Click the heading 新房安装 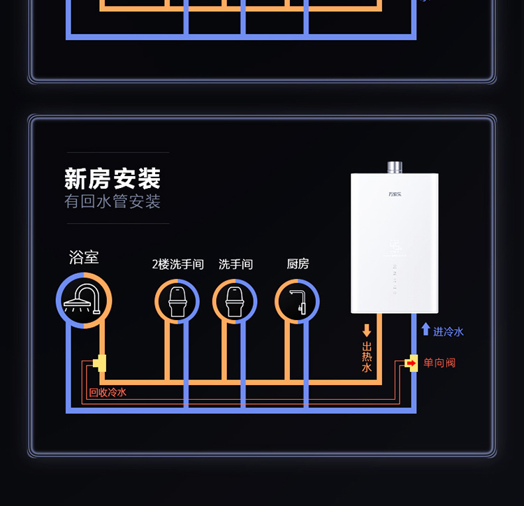[x=112, y=178]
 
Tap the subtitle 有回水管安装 [x=112, y=202]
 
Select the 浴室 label [x=84, y=256]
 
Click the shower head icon [x=84, y=299]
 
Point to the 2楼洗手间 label [x=177, y=264]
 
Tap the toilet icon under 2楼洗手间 [x=177, y=301]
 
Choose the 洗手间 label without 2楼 [x=235, y=264]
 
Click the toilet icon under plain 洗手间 [x=235, y=301]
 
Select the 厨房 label [x=298, y=264]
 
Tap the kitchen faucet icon [x=298, y=301]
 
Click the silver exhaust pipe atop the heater [x=395, y=167]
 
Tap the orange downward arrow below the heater [x=367, y=331]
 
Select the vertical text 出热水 [x=367, y=356]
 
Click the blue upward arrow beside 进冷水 [x=425, y=329]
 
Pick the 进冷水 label [x=449, y=331]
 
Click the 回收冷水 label [x=108, y=393]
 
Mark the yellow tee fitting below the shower [x=101, y=363]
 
